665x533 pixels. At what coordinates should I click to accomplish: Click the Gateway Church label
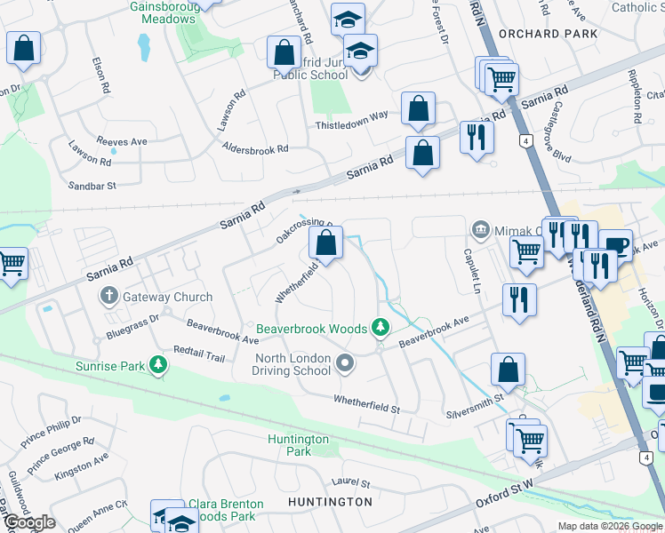point(168,297)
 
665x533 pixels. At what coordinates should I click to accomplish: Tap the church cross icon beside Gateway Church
point(109,296)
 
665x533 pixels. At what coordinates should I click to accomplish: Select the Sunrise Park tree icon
point(158,365)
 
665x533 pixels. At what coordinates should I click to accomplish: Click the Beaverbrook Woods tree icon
point(381,329)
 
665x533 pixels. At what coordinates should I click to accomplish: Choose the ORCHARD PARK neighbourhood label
point(542,34)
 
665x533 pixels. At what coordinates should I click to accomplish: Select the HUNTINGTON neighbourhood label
point(330,502)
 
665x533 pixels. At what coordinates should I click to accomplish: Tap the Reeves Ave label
point(122,141)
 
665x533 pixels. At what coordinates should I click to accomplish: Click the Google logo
point(29,522)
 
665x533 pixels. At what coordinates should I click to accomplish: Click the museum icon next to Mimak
point(481,230)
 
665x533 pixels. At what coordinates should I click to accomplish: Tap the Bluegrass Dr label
point(132,326)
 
